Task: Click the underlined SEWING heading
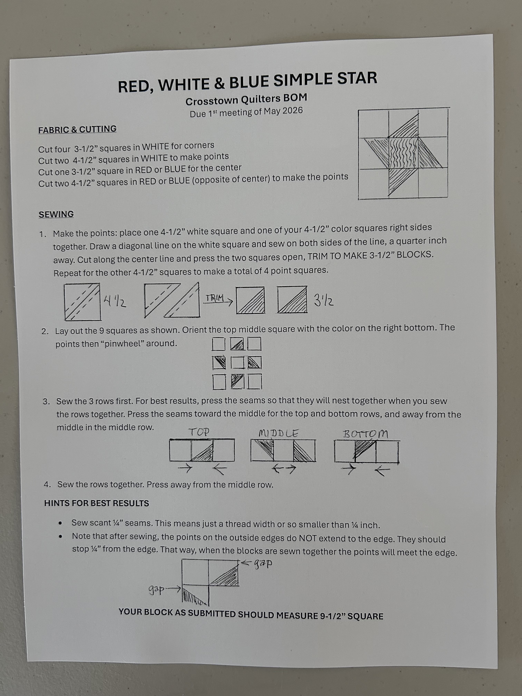56,214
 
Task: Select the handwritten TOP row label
199,432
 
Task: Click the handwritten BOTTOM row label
365,434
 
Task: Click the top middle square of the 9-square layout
237,344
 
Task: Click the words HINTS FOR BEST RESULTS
97,503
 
